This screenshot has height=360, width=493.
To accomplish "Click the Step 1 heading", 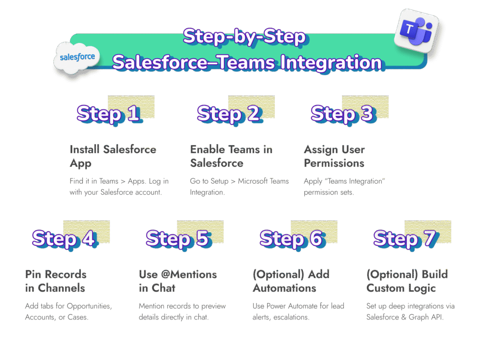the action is click(x=108, y=114).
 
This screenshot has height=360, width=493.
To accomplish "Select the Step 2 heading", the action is click(x=229, y=114).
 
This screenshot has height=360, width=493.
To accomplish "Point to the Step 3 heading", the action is click(x=342, y=114).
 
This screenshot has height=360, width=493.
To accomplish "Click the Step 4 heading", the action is click(x=64, y=239).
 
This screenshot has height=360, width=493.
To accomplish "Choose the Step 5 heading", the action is click(x=177, y=239).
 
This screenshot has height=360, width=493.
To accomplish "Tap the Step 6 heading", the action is click(x=291, y=239).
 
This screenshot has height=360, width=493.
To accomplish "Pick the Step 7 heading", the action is click(x=404, y=239).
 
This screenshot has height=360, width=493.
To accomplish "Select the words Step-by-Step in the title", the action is click(x=244, y=37).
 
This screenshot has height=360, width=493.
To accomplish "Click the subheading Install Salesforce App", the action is click(x=113, y=156).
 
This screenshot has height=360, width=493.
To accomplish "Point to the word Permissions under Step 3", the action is click(x=334, y=163).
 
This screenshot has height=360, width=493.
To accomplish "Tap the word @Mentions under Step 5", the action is click(x=190, y=274).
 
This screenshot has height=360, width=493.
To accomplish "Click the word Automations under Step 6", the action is click(x=284, y=288).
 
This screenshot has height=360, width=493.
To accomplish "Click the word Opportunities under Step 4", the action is click(x=87, y=306).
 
